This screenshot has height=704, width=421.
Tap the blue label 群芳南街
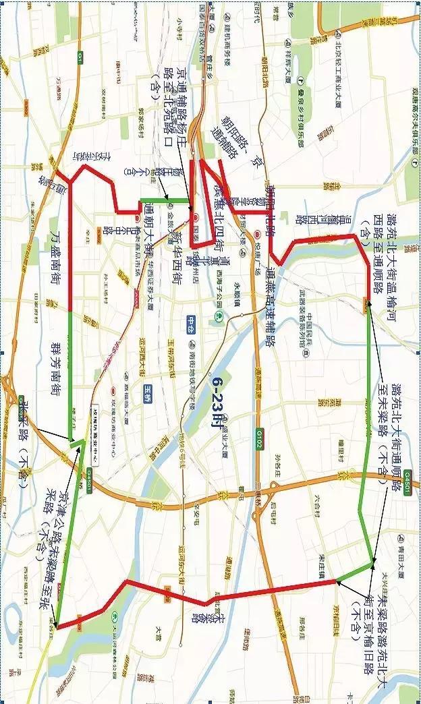(x=57, y=367)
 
